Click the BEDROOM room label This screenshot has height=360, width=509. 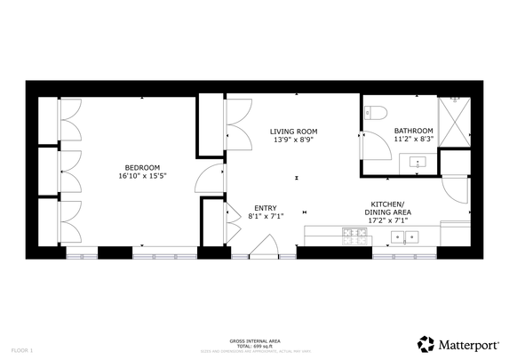tap(142, 167)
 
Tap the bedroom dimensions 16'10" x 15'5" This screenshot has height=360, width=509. tap(142, 176)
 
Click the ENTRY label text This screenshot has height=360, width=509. tap(265, 207)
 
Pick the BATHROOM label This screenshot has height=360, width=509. tap(413, 130)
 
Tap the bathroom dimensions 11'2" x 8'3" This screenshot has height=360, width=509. tap(413, 139)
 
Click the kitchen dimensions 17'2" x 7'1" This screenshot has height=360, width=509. tap(389, 220)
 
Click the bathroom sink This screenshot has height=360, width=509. tap(417, 163)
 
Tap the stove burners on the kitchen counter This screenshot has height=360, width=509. tap(355, 236)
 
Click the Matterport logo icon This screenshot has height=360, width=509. tap(426, 344)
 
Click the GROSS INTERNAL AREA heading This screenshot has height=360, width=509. tap(255, 340)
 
